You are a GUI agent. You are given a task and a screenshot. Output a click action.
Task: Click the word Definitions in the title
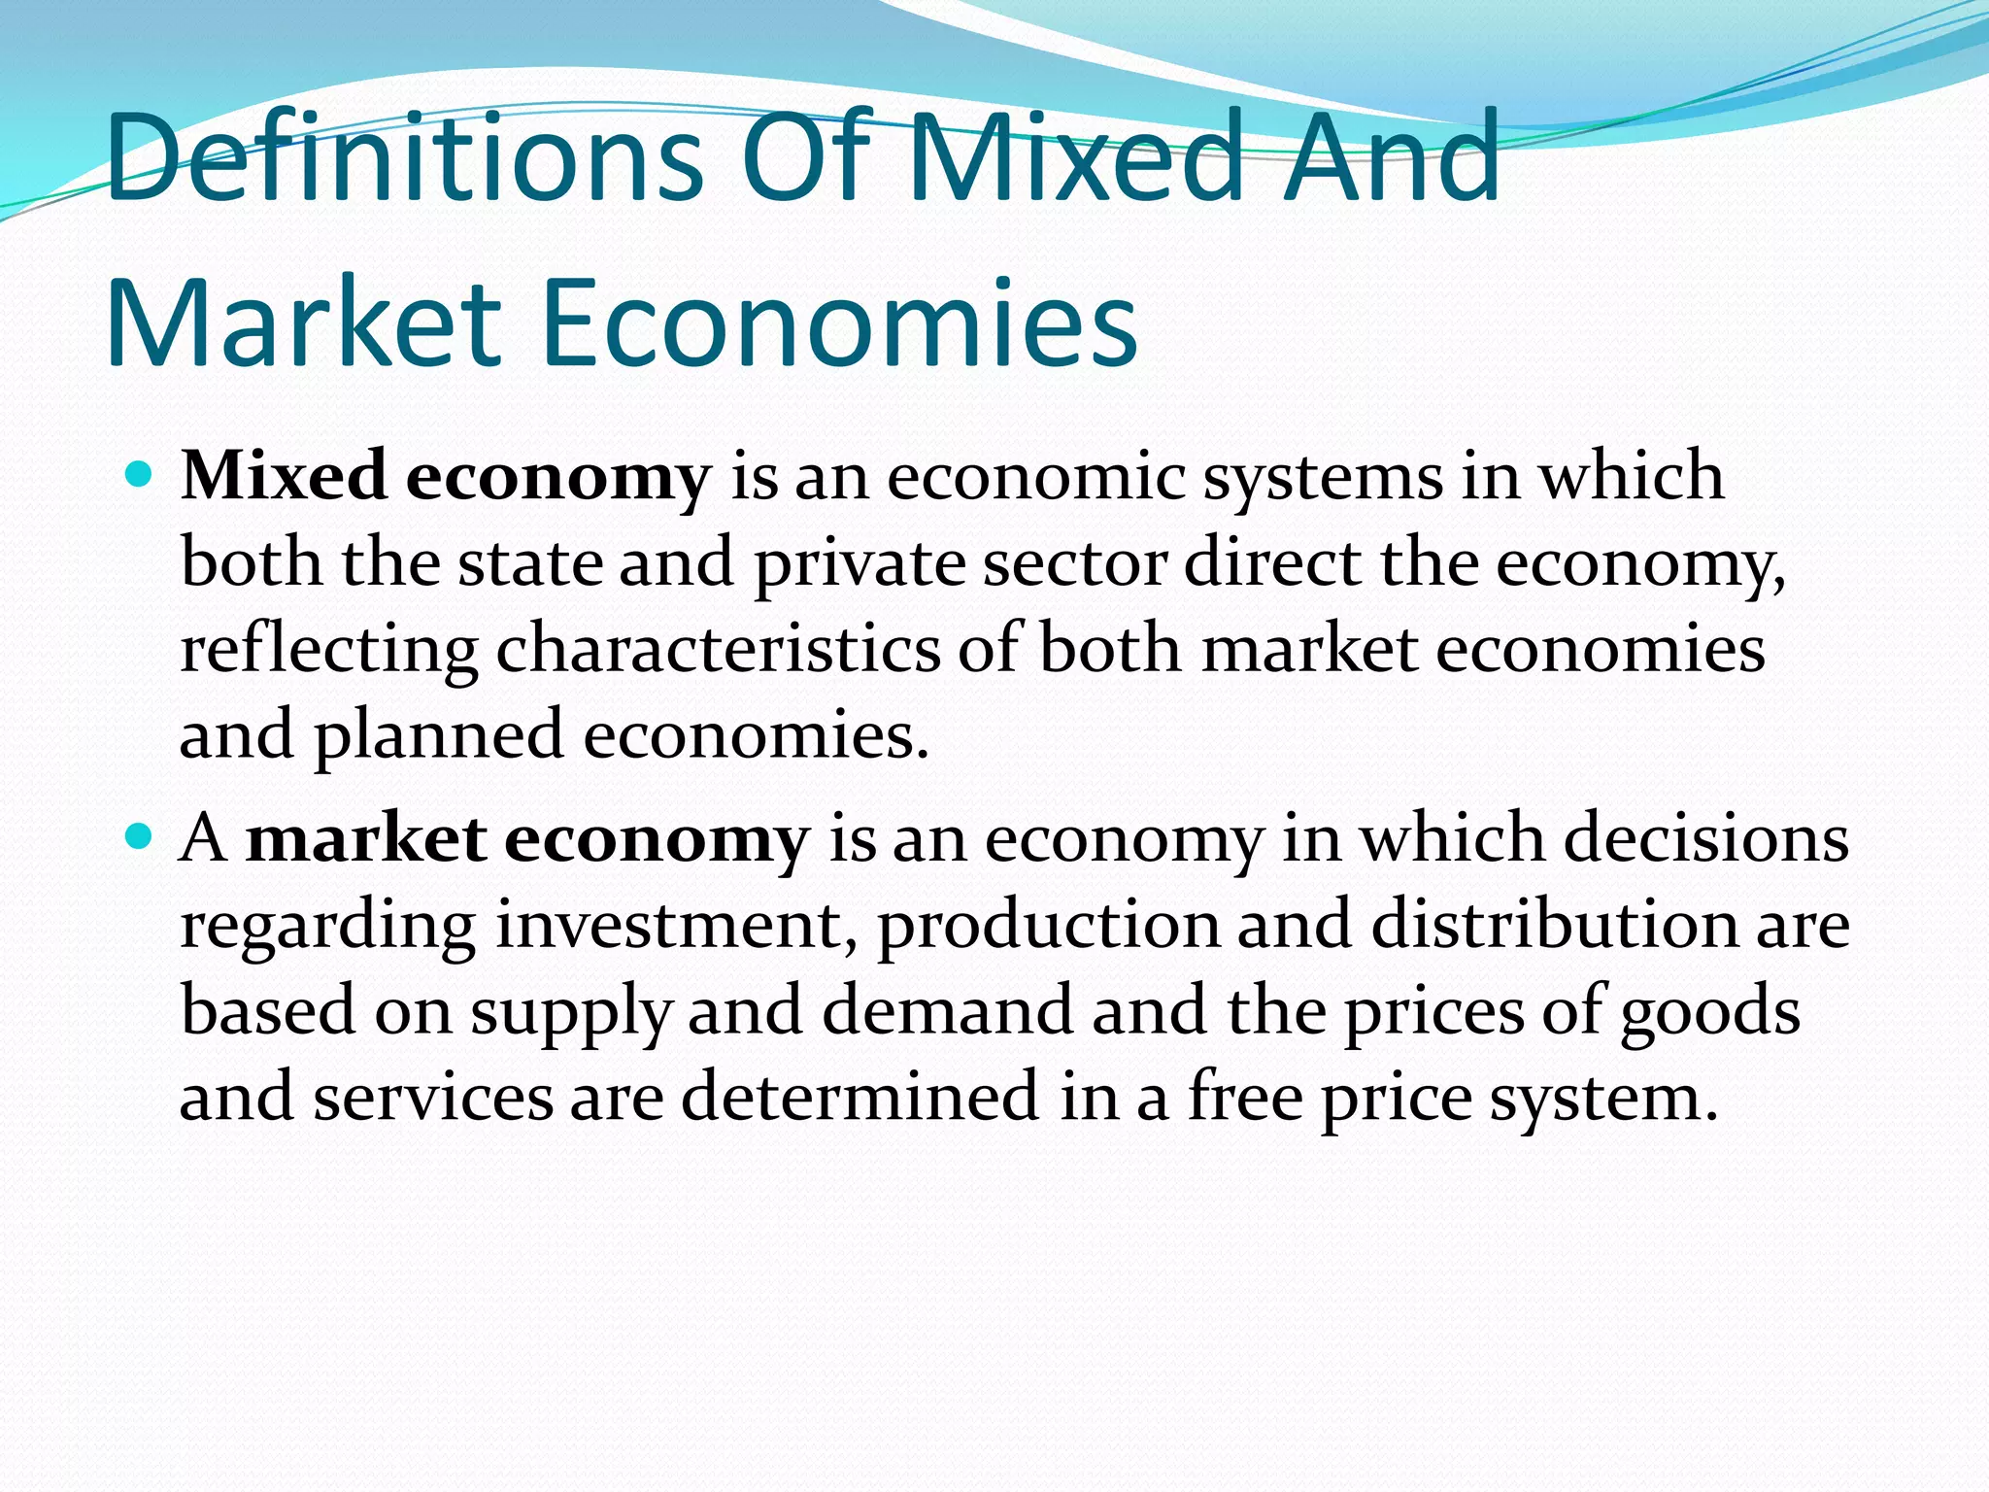404,157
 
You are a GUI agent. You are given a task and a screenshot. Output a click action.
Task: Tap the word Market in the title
303,323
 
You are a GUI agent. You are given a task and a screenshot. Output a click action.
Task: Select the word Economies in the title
839,323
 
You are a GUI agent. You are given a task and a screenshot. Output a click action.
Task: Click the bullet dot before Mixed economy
141,476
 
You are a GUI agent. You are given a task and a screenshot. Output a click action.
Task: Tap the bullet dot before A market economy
141,836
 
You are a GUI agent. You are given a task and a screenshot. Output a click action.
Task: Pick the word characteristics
718,649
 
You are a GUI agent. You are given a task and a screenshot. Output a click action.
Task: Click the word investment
668,925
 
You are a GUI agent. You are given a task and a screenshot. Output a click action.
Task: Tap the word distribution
1554,925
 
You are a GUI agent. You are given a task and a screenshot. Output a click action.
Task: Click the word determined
859,1096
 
